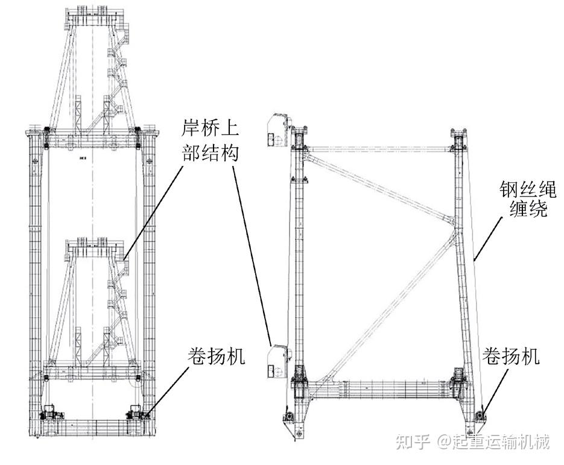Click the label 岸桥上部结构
[x=210, y=141]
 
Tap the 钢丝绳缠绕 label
[x=528, y=199]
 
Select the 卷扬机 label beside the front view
[x=216, y=356]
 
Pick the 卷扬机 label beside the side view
[x=511, y=356]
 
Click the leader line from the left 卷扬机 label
[x=168, y=391]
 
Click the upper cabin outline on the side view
[x=277, y=130]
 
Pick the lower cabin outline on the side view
[x=277, y=361]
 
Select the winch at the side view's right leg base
[x=480, y=416]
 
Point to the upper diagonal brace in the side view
[x=379, y=187]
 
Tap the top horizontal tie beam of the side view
[x=379, y=149]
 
